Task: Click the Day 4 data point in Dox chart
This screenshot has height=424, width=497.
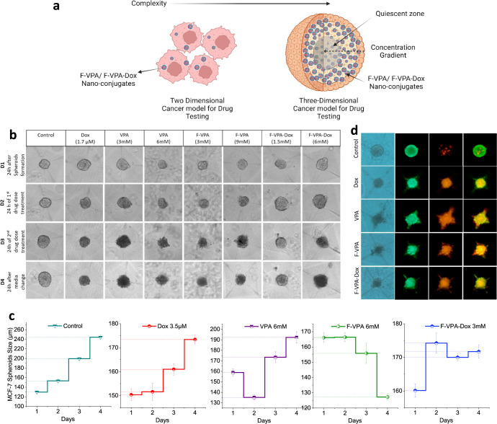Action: coord(194,339)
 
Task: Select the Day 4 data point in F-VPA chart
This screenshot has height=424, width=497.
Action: coord(388,397)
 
